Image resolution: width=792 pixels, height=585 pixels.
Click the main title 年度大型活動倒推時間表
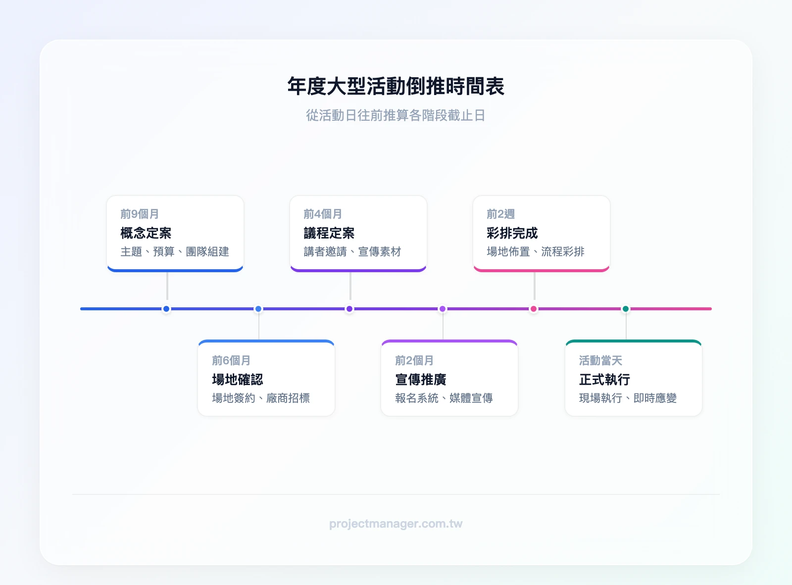click(396, 86)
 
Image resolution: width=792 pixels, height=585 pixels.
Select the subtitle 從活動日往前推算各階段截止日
click(396, 115)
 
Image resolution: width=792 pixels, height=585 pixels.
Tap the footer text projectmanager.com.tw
click(396, 524)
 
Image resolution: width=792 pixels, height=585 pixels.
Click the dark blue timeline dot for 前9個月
click(166, 309)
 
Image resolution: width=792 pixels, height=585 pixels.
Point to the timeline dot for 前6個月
click(258, 309)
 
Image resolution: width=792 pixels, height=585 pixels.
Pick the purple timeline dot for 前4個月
click(349, 309)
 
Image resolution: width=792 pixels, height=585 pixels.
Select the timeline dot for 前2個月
click(443, 309)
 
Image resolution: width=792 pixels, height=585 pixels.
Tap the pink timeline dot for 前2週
click(534, 309)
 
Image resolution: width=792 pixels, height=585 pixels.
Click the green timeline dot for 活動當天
click(626, 309)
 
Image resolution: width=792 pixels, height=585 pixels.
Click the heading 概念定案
click(146, 233)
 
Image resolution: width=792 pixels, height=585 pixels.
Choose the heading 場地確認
click(238, 380)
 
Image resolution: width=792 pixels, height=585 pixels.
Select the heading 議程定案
click(329, 233)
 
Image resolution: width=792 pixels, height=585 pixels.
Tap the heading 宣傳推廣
click(421, 380)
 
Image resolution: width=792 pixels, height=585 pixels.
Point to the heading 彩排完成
click(512, 233)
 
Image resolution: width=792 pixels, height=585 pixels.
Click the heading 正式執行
click(604, 380)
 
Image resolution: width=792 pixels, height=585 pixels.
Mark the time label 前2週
click(500, 214)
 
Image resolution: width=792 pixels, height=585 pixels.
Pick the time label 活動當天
click(600, 360)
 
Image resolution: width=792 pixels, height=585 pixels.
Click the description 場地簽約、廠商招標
click(261, 398)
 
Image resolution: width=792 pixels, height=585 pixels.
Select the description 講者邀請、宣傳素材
click(352, 251)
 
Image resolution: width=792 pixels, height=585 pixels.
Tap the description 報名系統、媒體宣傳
click(444, 398)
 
